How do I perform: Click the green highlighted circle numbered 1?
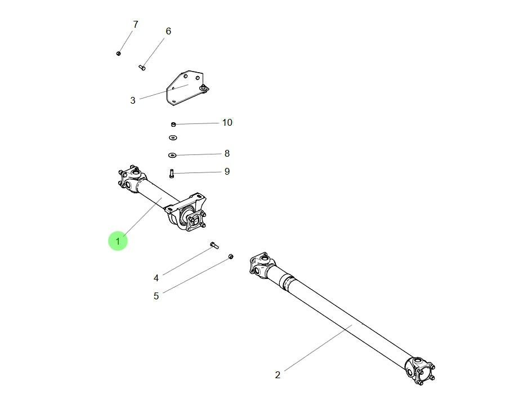point(118,241)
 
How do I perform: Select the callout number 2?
point(278,375)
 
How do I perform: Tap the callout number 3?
point(133,101)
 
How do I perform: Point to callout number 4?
point(156,278)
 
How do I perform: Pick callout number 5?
point(156,296)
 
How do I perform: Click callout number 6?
point(168,31)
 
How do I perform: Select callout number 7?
point(135,24)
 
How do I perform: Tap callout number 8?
point(227,153)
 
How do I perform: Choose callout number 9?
point(227,171)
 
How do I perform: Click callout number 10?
point(227,122)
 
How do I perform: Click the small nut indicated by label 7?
point(118,54)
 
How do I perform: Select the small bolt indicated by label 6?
point(142,68)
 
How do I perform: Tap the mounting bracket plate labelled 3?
point(183,87)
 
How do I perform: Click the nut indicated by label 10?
point(173,124)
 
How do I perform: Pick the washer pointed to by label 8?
point(172,155)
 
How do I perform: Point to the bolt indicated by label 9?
point(172,174)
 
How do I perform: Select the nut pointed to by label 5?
point(231,257)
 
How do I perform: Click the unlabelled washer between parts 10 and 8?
point(172,138)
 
